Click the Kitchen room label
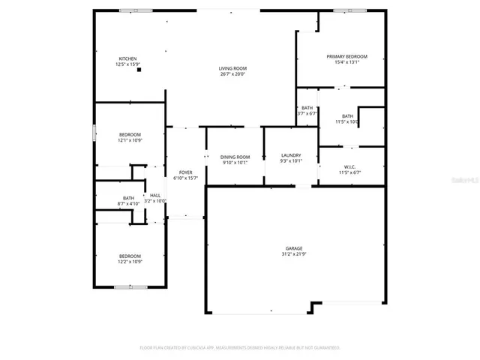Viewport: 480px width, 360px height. coord(127,58)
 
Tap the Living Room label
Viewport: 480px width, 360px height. coord(232,68)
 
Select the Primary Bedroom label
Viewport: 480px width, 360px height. coord(346,57)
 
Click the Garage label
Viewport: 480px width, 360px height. coord(293,249)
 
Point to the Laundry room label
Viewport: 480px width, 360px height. coord(290,154)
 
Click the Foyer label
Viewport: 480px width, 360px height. coord(185,172)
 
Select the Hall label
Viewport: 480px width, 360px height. coord(155,196)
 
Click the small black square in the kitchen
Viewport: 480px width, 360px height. coord(139,70)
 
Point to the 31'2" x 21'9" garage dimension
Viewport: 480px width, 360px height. coord(293,255)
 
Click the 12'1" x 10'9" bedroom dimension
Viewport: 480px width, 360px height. coord(130,140)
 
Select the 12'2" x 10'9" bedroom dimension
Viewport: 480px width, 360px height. coord(130,262)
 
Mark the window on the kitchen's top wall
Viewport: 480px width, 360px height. coord(135,10)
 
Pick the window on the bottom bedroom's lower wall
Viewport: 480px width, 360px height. coord(130,286)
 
